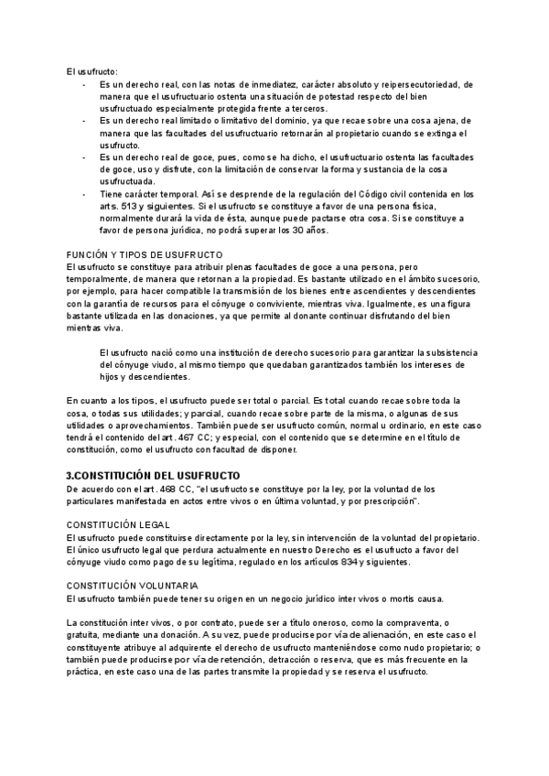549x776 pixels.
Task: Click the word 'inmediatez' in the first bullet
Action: click(x=261, y=84)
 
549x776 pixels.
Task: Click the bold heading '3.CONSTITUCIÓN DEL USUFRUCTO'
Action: click(x=153, y=476)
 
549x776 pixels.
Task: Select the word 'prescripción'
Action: click(x=388, y=501)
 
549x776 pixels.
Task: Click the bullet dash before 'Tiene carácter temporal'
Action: click(x=84, y=194)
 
